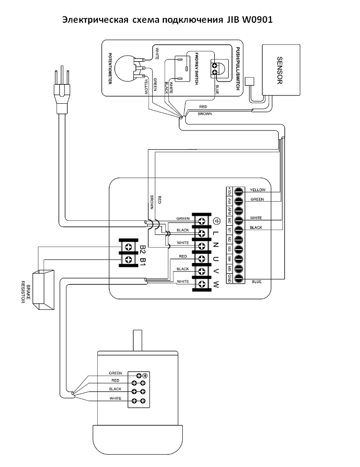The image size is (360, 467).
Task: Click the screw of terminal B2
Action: coord(128,246)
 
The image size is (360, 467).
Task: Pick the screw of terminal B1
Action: coord(128,259)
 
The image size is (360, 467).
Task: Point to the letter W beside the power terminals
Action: coord(216,284)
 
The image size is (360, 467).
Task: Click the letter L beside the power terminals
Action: coord(216,233)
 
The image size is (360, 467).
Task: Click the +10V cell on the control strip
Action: coord(230,191)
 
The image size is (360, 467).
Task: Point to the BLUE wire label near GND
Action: coord(256,282)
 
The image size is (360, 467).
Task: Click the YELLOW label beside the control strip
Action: coord(258,190)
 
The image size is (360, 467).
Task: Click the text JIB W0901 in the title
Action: coord(250,20)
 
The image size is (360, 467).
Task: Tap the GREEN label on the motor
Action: coord(116,373)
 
